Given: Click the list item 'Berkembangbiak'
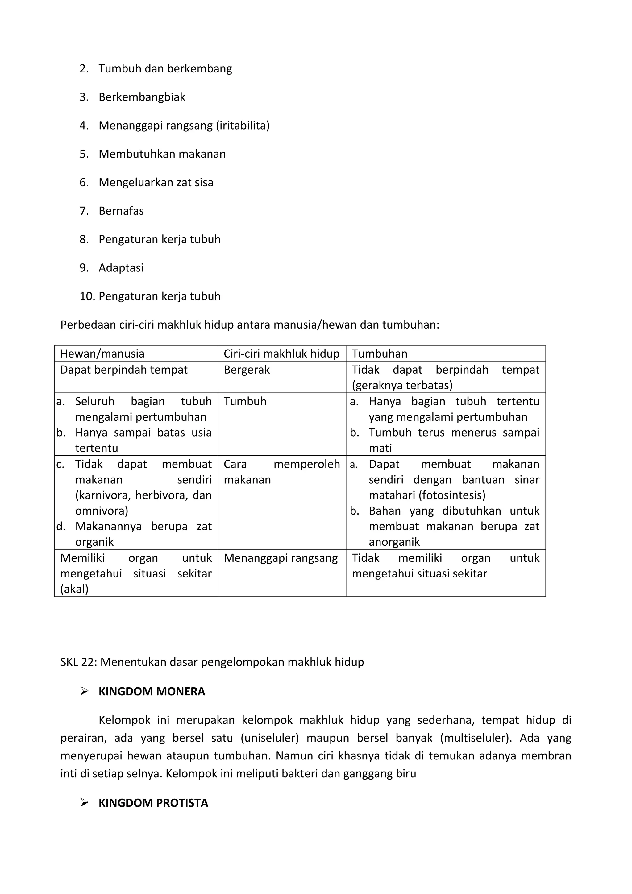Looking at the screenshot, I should (x=142, y=97).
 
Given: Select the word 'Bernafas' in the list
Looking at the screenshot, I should (x=121, y=211).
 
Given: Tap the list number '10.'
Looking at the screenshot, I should (x=87, y=296).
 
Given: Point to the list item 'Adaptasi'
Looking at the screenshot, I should (x=121, y=268).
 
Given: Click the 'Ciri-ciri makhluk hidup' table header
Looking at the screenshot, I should (x=281, y=354).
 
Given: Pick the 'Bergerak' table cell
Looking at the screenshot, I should (x=247, y=370).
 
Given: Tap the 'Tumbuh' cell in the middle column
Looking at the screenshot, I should (x=245, y=401).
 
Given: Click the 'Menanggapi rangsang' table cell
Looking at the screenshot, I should (x=281, y=558).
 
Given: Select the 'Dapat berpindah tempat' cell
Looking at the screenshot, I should (x=124, y=370).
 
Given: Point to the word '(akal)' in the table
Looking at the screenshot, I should (x=74, y=589).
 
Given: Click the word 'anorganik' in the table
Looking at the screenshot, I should (x=394, y=542).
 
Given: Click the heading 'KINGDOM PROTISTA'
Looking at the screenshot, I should (x=153, y=803).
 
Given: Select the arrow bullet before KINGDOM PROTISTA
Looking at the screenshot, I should (x=84, y=802).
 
